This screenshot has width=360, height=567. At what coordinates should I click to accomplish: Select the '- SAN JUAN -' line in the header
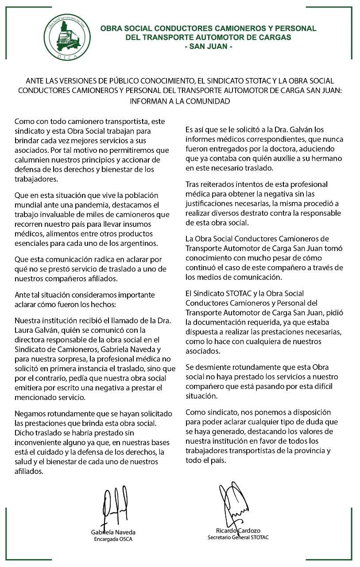point(208,46)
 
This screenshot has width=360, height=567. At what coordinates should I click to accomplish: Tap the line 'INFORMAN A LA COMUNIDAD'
point(180,101)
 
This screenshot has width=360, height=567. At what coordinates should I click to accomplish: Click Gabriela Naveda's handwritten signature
point(112,507)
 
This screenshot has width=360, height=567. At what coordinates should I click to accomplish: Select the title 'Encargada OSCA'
point(113,539)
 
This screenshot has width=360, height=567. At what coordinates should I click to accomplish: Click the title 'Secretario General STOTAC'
point(238,537)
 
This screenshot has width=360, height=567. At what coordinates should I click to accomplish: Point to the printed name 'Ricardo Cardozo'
point(238,531)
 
